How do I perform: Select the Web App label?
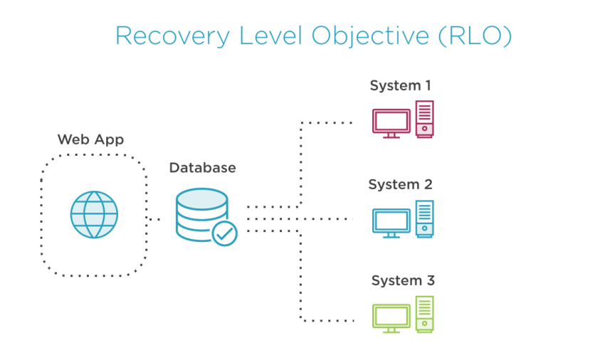point(90,139)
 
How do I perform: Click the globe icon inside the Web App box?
point(94,214)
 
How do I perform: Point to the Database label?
point(202,168)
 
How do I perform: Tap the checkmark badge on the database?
point(225,233)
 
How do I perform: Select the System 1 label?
point(400,86)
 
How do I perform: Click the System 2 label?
point(400,184)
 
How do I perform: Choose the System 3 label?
point(402,281)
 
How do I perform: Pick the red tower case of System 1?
point(424,119)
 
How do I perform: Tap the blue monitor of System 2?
point(391,221)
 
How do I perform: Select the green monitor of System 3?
point(391,317)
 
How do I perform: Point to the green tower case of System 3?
point(424,314)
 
